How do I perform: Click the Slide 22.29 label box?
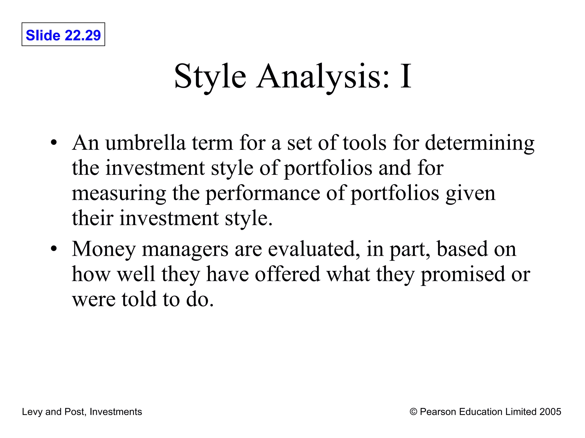point(63,35)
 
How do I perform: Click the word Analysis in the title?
point(322,77)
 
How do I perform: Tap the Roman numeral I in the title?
point(405,77)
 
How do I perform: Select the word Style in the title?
point(210,77)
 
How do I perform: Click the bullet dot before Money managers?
point(54,249)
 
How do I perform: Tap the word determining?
point(480,143)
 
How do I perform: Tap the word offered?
point(287,274)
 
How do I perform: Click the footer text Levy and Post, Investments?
point(82,412)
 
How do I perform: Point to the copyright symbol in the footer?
point(413,412)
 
